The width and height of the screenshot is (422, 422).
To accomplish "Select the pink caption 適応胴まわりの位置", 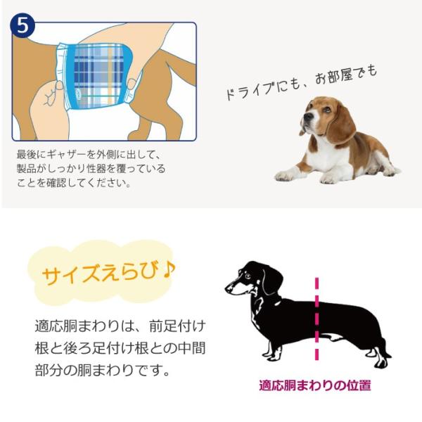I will point(314,385).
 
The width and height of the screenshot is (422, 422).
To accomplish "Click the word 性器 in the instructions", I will point(112,169).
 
